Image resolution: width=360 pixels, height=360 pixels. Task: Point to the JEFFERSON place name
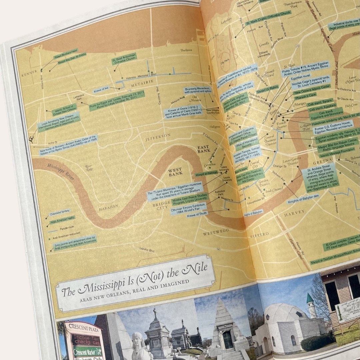158,136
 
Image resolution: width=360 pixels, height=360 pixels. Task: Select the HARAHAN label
108,207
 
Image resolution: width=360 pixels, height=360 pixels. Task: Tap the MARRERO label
259,234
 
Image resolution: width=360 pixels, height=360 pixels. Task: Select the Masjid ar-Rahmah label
207,173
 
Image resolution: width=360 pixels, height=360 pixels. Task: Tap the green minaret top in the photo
310,298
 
